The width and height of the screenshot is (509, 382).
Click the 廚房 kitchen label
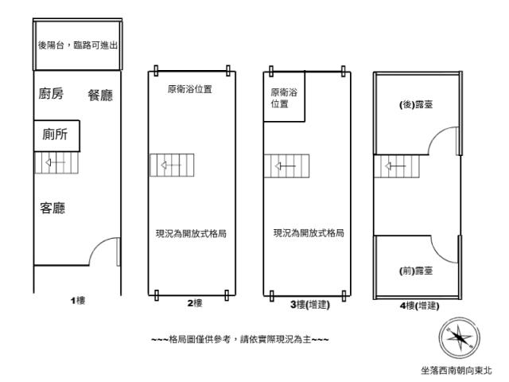pyautogui.click(x=51, y=95)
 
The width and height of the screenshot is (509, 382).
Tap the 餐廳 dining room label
pyautogui.click(x=100, y=95)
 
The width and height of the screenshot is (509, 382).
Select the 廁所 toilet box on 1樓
pyautogui.click(x=56, y=136)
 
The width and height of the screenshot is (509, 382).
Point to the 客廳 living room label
pyautogui.click(x=52, y=209)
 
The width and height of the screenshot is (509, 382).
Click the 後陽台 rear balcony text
pyautogui.click(x=78, y=45)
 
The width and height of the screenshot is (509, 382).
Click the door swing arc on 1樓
pyautogui.click(x=104, y=254)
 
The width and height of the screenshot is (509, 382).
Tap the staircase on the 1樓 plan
pyautogui.click(x=57, y=164)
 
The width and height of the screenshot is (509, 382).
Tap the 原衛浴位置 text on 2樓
pyautogui.click(x=190, y=89)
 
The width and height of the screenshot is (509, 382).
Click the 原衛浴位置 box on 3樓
pyautogui.click(x=283, y=98)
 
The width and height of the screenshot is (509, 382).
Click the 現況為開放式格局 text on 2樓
pyautogui.click(x=191, y=234)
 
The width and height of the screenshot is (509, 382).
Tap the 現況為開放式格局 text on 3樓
pyautogui.click(x=309, y=234)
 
